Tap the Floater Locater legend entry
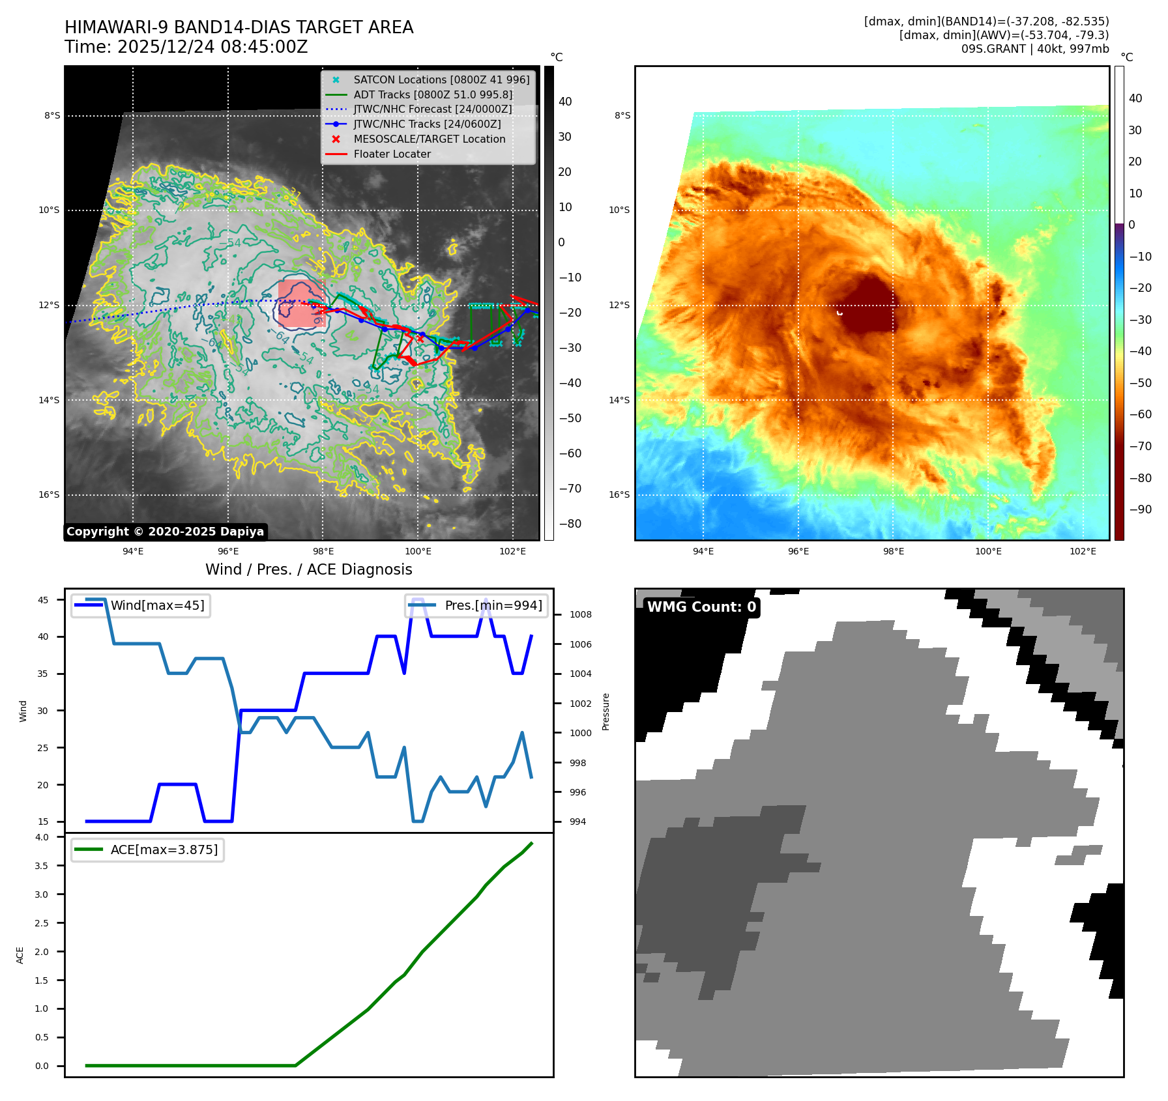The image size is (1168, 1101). (392, 154)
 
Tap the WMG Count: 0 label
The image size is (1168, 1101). (701, 607)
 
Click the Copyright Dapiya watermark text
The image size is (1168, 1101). (165, 532)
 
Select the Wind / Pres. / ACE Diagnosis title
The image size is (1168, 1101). (308, 569)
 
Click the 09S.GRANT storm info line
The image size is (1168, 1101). (1034, 49)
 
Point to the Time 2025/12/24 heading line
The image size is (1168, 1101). (186, 48)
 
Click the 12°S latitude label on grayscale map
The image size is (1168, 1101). (49, 306)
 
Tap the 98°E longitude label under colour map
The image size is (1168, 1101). (893, 551)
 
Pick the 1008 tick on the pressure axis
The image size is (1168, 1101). (580, 614)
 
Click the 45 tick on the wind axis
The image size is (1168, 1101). (43, 600)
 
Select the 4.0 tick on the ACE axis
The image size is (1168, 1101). (42, 837)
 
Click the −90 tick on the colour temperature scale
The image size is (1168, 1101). (1140, 509)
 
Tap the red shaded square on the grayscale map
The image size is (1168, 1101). (300, 303)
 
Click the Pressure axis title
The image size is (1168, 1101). (606, 711)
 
